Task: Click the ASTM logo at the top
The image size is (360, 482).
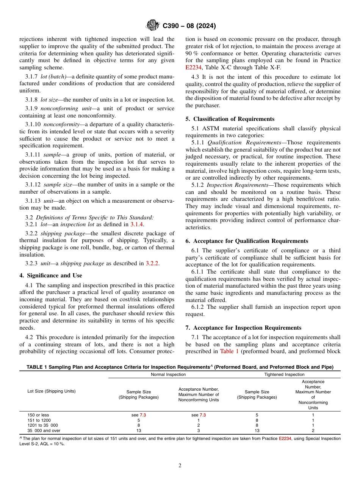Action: pos(153,26)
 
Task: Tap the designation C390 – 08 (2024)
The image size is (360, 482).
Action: pos(189,26)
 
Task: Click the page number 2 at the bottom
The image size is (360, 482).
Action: pos(180,466)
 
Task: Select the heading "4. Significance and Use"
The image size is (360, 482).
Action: pos(50,275)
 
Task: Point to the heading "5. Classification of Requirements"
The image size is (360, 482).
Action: pos(230,119)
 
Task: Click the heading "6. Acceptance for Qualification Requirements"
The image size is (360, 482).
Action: pos(247,241)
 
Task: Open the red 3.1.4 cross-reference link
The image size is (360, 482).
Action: pos(137,224)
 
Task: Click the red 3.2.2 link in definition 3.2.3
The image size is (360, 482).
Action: pos(152,263)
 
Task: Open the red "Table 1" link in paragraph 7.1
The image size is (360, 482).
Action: pos(229,351)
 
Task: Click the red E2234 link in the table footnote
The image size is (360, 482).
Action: pos(285,438)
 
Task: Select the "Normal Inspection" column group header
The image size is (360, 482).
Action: pos(168,374)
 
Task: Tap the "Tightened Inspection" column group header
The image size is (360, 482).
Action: pos(284,374)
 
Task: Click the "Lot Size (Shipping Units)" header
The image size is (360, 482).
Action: pos(51,391)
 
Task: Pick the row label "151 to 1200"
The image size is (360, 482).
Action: pos(39,420)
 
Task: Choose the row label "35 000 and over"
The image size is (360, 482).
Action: pos(44,430)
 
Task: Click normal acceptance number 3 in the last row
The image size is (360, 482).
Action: pos(199,430)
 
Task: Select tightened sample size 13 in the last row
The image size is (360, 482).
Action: pos(257,430)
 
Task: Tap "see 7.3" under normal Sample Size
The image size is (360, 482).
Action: pos(138,415)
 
